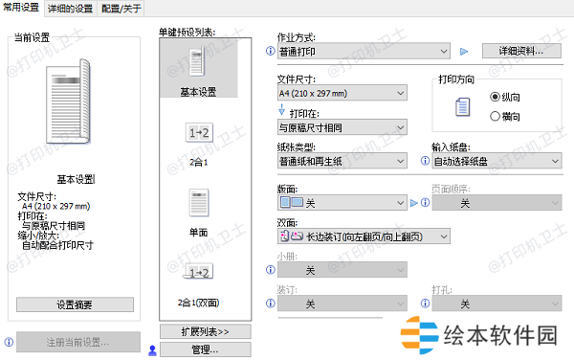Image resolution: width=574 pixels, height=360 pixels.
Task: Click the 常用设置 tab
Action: (x=21, y=8)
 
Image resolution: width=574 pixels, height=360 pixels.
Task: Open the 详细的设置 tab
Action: (x=70, y=8)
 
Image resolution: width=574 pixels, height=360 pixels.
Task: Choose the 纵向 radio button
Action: (x=495, y=97)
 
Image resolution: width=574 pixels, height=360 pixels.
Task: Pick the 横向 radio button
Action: (x=495, y=116)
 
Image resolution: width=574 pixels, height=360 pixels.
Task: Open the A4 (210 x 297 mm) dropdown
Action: (x=341, y=93)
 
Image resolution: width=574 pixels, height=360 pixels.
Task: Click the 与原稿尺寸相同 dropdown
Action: (x=341, y=126)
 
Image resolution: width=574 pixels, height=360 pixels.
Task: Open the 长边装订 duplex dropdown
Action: (x=364, y=236)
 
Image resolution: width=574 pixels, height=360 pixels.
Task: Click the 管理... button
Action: (x=206, y=349)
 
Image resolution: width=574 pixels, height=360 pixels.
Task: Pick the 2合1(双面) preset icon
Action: (x=198, y=278)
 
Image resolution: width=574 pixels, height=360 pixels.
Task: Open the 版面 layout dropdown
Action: (x=341, y=203)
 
